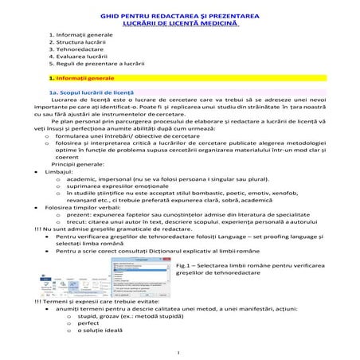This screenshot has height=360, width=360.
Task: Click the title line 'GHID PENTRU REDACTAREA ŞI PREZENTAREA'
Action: (x=181, y=16)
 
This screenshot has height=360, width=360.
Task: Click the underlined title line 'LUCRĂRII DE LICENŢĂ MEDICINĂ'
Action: (x=181, y=23)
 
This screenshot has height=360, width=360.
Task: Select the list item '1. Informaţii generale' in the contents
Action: (x=80, y=36)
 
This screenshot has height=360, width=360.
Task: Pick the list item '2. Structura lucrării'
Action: (x=78, y=43)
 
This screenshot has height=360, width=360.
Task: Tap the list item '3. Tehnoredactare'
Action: (x=75, y=50)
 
